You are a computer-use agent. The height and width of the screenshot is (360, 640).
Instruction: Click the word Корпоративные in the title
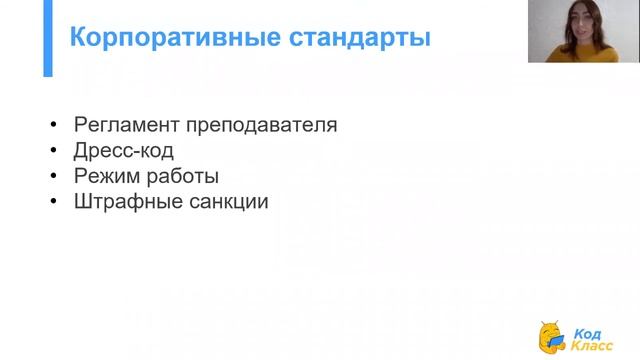tap(158, 39)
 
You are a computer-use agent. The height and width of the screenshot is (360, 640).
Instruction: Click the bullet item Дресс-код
tap(124, 151)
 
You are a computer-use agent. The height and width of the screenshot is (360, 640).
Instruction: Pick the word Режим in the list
tap(105, 176)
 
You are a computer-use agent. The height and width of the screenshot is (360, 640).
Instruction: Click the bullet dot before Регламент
tap(53, 127)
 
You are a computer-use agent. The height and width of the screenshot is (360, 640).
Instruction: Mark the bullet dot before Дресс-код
tap(53, 152)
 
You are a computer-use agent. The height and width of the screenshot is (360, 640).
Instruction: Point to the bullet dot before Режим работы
tap(53, 177)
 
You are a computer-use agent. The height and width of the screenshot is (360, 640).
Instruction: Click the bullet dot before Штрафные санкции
tap(53, 202)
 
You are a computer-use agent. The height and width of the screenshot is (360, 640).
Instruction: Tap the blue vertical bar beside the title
tap(47, 39)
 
